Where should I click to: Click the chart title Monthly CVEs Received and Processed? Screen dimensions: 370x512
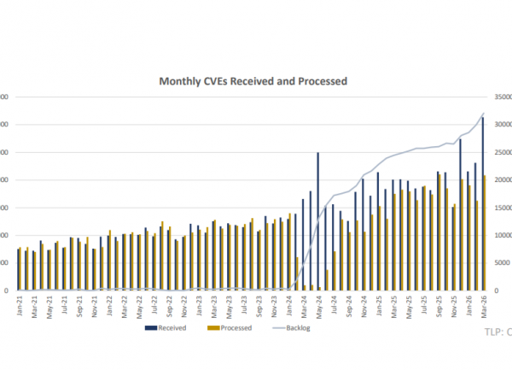click(253, 81)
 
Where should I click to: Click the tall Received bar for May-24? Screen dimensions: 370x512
click(318, 222)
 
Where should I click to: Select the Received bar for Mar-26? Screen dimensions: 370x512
click(483, 205)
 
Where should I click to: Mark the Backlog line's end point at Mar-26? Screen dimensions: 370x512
click(484, 114)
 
